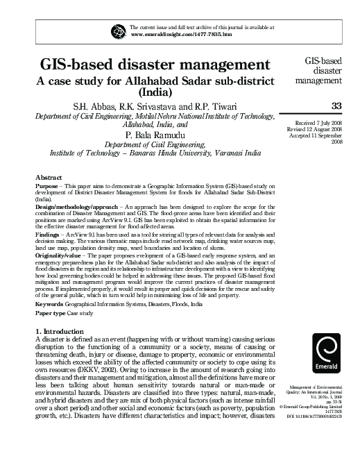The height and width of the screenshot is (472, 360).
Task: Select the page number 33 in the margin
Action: (x=337, y=106)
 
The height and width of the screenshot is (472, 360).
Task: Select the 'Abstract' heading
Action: (x=49, y=178)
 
